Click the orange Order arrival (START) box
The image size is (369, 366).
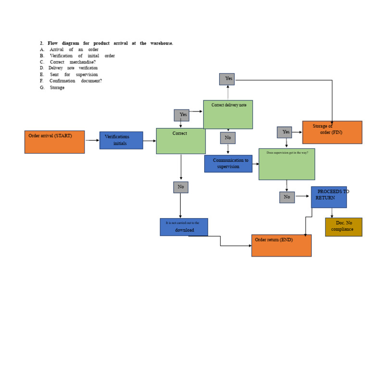coord(54,142)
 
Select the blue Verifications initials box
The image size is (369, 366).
coord(121,140)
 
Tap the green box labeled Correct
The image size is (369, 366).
coord(181,141)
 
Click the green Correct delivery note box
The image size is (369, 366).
coord(228,114)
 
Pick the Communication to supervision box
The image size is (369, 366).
coord(228,163)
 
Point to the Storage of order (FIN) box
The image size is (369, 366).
coord(332,132)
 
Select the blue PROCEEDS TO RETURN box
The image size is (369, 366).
coord(329,197)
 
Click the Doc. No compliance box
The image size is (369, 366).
coord(344,227)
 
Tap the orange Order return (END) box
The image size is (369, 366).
coord(281,245)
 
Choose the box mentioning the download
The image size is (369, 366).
coord(184,227)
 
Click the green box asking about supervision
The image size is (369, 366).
coord(286,164)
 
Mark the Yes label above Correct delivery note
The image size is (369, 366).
coord(227,79)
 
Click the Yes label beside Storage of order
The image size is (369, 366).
coord(284,132)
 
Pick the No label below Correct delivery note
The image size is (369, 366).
coord(228,138)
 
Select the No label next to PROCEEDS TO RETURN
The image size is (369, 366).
coord(287,197)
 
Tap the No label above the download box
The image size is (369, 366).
coord(181,187)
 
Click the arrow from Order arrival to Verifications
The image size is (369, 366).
coord(92,140)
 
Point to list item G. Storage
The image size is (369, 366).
coord(57,87)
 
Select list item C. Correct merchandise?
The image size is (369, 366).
coord(72,62)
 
